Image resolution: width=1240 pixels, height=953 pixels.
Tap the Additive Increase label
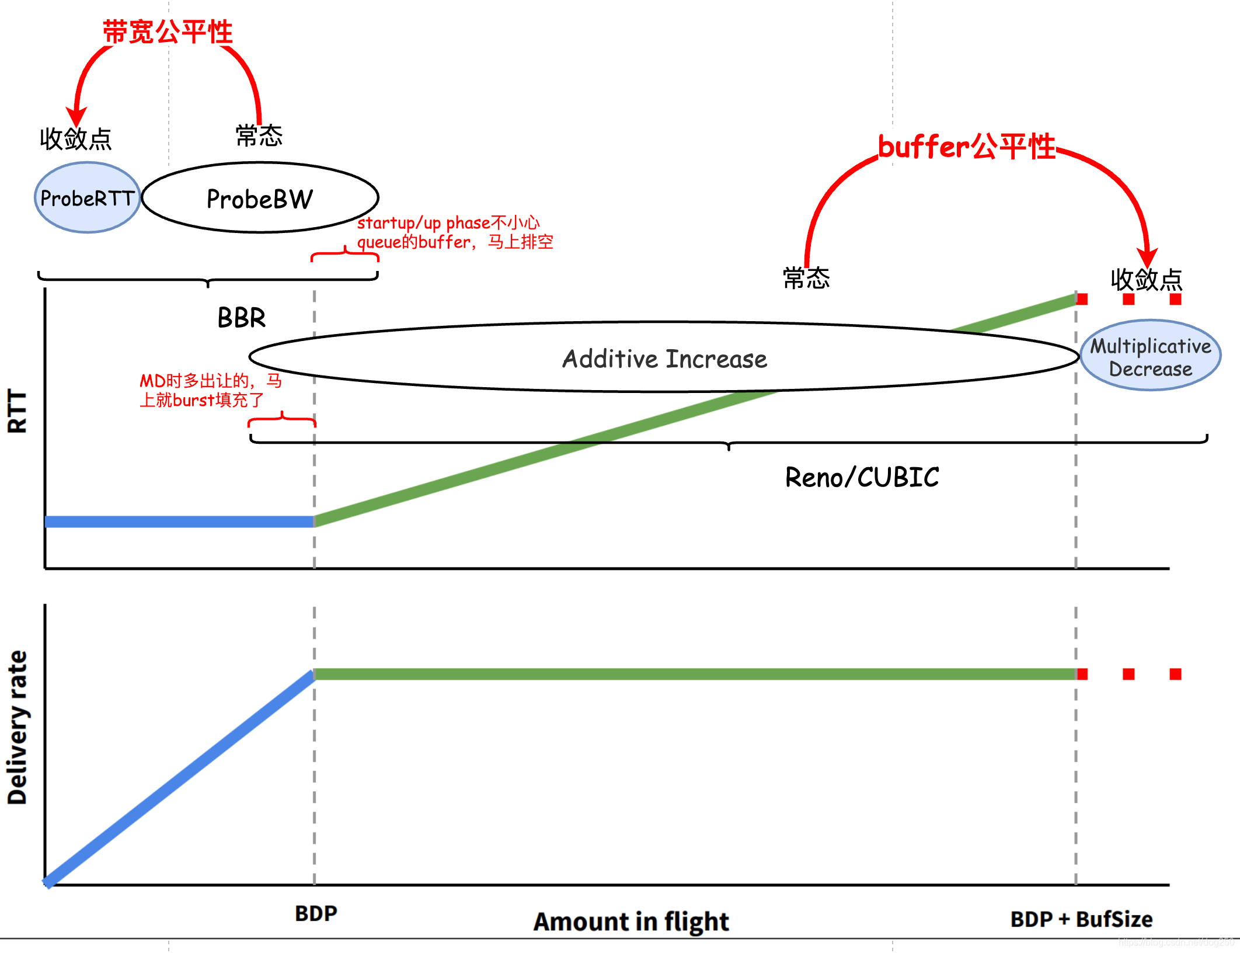tap(664, 359)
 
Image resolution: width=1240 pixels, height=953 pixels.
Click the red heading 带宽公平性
tap(168, 32)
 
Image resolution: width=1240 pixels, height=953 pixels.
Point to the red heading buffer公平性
tap(967, 147)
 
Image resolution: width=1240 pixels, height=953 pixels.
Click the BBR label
tap(242, 318)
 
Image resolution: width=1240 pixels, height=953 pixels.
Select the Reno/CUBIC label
tap(862, 477)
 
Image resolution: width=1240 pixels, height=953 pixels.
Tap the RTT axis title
tap(17, 412)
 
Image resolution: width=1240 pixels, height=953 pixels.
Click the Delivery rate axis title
tap(17, 728)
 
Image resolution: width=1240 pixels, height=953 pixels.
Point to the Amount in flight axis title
tap(631, 921)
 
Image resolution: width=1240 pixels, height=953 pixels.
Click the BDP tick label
tap(316, 913)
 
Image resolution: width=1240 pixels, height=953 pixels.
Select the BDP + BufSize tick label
tap(1082, 919)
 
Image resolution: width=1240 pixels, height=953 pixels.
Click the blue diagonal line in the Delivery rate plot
tap(180, 778)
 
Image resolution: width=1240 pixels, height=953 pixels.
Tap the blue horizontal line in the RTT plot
tap(180, 521)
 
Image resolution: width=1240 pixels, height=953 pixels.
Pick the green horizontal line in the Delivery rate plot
tap(695, 674)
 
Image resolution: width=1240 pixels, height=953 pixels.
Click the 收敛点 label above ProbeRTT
tap(76, 139)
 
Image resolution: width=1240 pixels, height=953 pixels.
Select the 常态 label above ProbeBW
tap(259, 136)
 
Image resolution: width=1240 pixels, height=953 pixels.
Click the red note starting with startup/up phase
tap(455, 232)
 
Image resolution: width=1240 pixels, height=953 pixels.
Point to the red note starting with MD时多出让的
tap(211, 390)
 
